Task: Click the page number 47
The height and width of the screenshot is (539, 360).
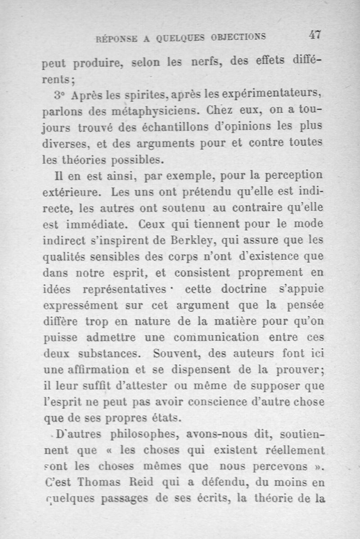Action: [315, 35]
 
